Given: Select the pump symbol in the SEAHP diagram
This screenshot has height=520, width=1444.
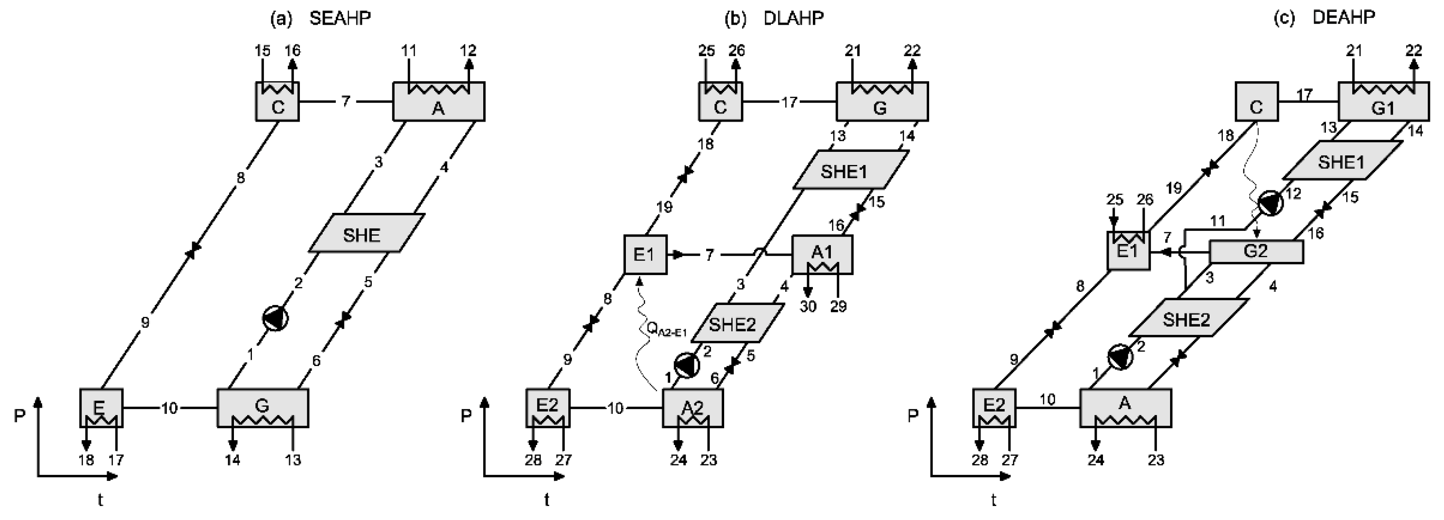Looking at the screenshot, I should coord(275,318).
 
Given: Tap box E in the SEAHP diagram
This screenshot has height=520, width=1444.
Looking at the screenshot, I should coord(101,408).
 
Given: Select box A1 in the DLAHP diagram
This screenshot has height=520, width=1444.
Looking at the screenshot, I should coord(822,255).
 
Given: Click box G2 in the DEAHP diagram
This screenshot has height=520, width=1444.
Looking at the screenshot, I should coord(1256,251).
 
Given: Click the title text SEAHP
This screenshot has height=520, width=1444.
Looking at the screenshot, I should coord(340,18).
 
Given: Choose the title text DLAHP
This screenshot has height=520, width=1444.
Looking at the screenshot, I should coord(793,18).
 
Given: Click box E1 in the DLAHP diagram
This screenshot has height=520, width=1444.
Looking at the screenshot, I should coord(645,255).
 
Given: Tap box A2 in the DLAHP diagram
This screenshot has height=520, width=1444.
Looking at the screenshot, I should coord(693,408).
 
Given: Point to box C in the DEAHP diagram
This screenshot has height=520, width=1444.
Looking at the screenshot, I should coord(1257,102).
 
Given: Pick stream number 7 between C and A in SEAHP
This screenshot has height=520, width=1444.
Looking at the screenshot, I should coord(346,101).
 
